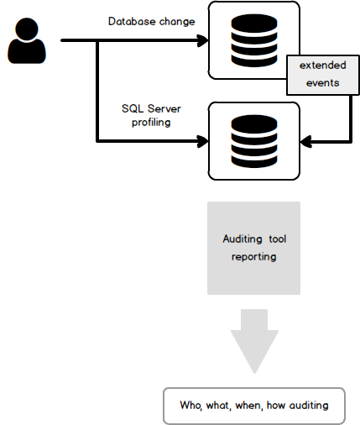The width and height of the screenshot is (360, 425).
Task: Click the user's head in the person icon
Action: pyautogui.click(x=27, y=29)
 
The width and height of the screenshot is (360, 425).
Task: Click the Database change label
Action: pyautogui.click(x=152, y=22)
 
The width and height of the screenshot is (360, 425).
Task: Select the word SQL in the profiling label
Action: pyautogui.click(x=133, y=108)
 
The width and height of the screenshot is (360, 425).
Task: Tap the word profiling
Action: pyautogui.click(x=151, y=123)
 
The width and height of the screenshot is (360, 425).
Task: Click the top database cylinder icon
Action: pyautogui.click(x=254, y=40)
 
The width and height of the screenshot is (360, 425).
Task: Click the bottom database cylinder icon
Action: pyautogui.click(x=254, y=141)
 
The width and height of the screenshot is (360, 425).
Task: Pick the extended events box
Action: pyautogui.click(x=323, y=75)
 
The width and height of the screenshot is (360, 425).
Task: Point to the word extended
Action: pyautogui.click(x=323, y=66)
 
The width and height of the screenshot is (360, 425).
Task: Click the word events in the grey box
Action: pyautogui.click(x=323, y=83)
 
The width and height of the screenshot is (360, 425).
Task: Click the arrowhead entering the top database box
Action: pyautogui.click(x=203, y=40)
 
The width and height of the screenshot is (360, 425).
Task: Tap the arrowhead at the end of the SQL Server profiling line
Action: pyautogui.click(x=203, y=141)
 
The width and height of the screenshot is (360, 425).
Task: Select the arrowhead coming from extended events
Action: pyautogui.click(x=306, y=141)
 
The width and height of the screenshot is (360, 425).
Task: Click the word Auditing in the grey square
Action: pyautogui.click(x=243, y=239)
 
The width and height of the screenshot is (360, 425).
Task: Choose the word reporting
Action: pyautogui.click(x=254, y=257)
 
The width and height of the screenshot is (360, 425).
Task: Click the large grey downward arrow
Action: pyautogui.click(x=254, y=341)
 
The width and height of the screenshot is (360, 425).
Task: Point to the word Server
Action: pyautogui.click(x=164, y=108)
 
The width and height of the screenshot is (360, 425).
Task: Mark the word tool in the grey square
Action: pyautogui.click(x=278, y=239)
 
